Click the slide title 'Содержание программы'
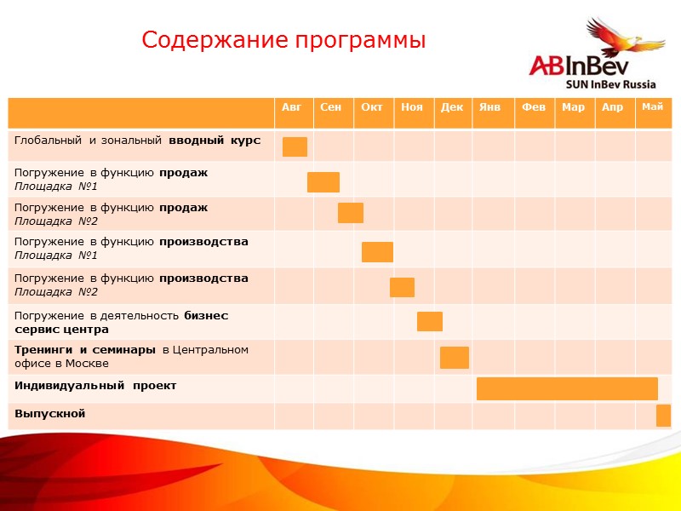coord(283,40)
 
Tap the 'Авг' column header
coord(291,107)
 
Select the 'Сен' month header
coord(331,107)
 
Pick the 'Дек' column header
coord(452,107)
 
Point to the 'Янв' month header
coord(489,107)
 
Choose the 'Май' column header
coord(652,106)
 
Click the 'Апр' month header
coord(612,107)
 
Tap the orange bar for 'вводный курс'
coord(295,146)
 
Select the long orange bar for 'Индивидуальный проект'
coord(567,388)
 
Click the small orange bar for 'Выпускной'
coord(663,416)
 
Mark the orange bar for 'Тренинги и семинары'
coord(455,358)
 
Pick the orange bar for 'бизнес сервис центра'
coord(430,321)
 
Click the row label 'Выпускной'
coord(50,414)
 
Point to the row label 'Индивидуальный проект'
coord(95,386)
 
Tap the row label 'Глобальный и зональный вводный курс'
coord(137,140)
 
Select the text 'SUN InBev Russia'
coord(611,84)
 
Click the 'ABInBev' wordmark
coord(575,66)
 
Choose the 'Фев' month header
coord(533,107)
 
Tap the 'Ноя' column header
coord(411,107)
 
